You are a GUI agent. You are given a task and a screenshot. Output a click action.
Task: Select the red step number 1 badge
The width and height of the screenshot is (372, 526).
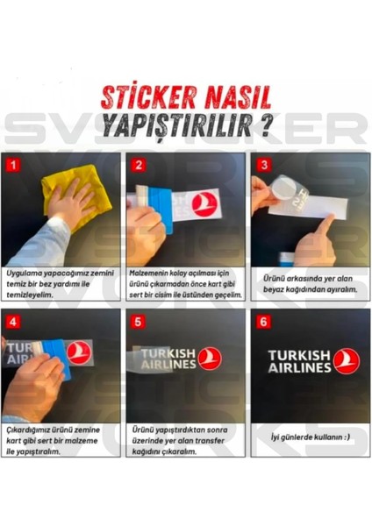point(11,164)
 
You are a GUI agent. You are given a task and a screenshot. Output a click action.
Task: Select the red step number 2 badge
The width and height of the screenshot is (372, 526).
point(137,164)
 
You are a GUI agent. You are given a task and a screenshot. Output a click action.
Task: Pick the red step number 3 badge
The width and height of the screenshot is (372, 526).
point(261,164)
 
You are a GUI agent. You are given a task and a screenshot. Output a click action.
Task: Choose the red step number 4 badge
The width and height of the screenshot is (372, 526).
point(11,320)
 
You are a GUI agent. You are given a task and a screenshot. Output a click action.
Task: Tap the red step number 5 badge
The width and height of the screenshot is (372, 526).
point(137,320)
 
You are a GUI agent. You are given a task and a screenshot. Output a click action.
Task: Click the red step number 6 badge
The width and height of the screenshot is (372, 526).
point(261,320)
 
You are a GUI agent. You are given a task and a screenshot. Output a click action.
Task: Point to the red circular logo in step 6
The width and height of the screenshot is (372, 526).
point(347,359)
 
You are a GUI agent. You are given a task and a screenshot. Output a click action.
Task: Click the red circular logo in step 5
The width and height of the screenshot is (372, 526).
point(210,358)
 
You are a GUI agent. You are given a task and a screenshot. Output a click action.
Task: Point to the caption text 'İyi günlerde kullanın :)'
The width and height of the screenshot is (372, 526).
point(307,436)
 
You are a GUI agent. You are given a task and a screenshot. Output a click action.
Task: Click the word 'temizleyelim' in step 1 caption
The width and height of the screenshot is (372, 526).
point(31,295)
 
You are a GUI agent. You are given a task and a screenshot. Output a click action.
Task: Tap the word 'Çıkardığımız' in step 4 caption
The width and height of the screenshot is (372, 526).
point(32,430)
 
